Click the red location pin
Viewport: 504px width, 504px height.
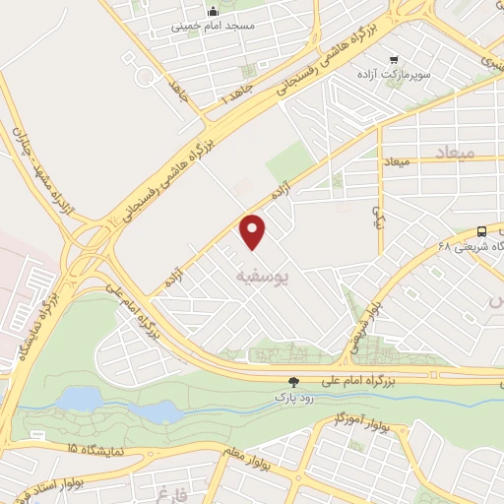[254, 231]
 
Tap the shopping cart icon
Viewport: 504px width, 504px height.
[394, 59]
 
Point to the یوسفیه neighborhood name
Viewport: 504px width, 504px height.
[265, 279]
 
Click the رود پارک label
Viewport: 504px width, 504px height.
[292, 397]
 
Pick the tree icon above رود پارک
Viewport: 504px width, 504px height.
[292, 382]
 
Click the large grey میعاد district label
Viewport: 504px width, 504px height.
[453, 154]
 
